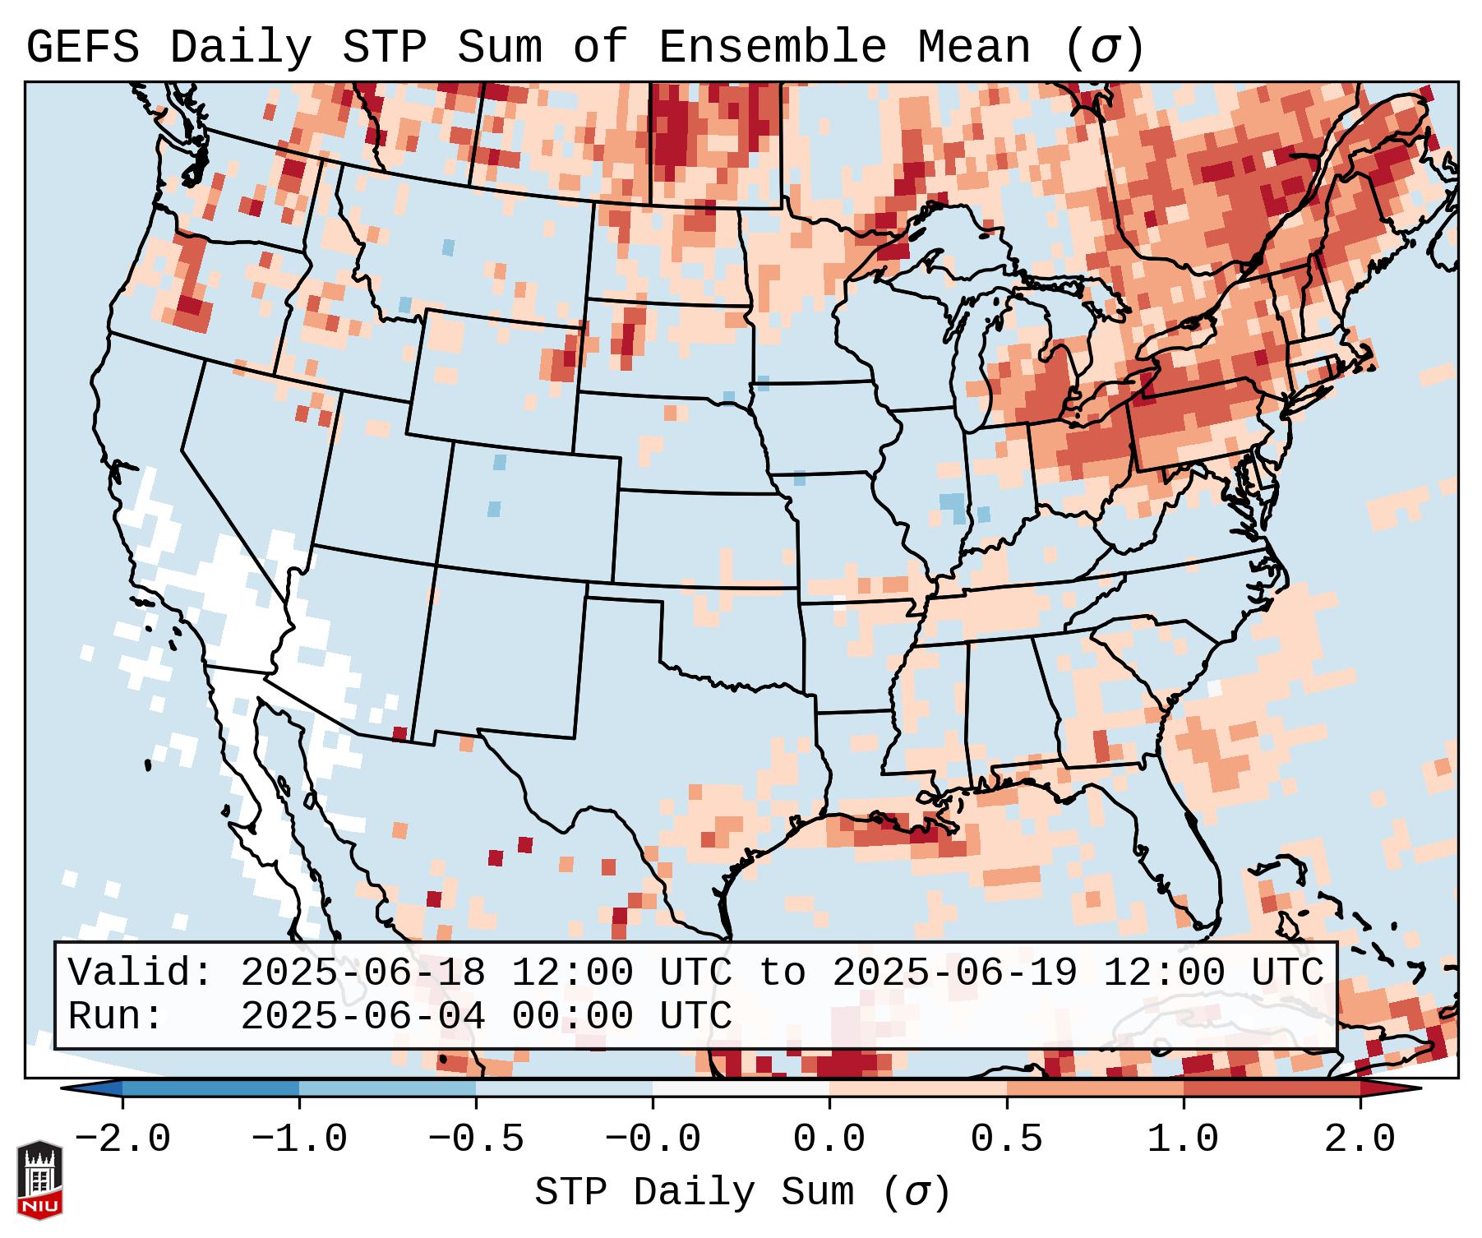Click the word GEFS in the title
coord(82,49)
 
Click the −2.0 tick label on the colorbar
coord(122,1139)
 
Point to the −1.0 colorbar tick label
coord(299,1139)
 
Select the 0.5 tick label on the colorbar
coord(1007,1139)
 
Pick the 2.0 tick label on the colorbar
coord(1360,1139)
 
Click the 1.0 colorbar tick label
coord(1184,1139)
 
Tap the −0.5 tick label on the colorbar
coord(476,1139)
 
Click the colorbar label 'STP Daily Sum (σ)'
coord(742,1193)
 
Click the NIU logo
coord(39,1179)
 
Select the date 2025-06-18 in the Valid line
coord(362,973)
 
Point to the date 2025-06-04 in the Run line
coord(362,1017)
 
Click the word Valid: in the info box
coord(141,973)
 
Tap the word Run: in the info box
coord(116,1017)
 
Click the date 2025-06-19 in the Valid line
coord(954,973)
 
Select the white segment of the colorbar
coord(741,1088)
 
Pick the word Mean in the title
coord(974,49)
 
